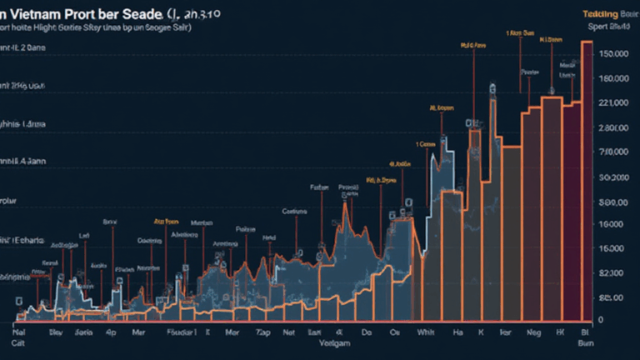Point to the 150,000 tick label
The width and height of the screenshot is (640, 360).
point(612,54)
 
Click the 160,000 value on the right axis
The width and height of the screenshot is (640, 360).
point(612,79)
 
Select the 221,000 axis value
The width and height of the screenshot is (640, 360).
point(612,103)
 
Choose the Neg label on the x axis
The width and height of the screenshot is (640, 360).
point(533,331)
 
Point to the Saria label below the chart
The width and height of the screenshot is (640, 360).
point(84,331)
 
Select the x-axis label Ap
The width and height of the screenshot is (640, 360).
point(111,331)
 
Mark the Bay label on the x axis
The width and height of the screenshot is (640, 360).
point(55,331)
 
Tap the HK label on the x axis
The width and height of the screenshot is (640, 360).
point(559,331)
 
